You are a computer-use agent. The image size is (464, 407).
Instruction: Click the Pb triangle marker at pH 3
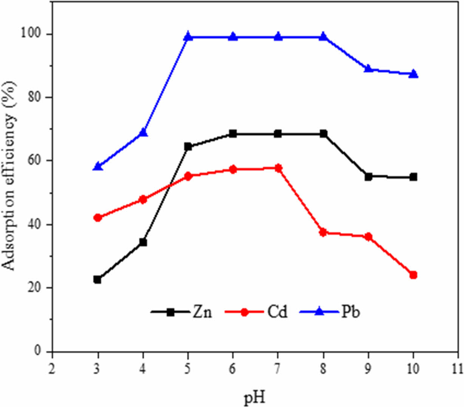click(98, 166)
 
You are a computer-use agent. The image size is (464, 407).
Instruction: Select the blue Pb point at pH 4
click(143, 132)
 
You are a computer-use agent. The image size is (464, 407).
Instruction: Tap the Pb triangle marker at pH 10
click(413, 74)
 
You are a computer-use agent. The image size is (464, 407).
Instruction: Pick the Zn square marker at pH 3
click(97, 280)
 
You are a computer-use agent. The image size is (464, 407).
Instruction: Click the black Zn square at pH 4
click(143, 242)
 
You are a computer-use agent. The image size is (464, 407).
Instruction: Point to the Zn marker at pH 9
click(368, 176)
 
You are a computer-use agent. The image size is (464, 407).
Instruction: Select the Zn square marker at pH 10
click(413, 177)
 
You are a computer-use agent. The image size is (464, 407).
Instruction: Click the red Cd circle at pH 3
click(97, 218)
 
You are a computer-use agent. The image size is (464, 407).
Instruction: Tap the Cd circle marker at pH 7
click(278, 169)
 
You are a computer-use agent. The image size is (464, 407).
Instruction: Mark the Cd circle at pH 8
click(323, 232)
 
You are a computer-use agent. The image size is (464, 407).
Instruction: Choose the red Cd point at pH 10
click(413, 275)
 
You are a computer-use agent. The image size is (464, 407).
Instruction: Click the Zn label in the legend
click(202, 313)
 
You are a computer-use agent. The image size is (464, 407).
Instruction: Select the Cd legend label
click(277, 313)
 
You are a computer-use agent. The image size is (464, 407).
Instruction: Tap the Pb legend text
click(350, 313)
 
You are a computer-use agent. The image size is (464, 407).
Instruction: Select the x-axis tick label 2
click(52, 368)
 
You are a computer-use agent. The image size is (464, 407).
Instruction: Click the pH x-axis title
click(254, 398)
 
